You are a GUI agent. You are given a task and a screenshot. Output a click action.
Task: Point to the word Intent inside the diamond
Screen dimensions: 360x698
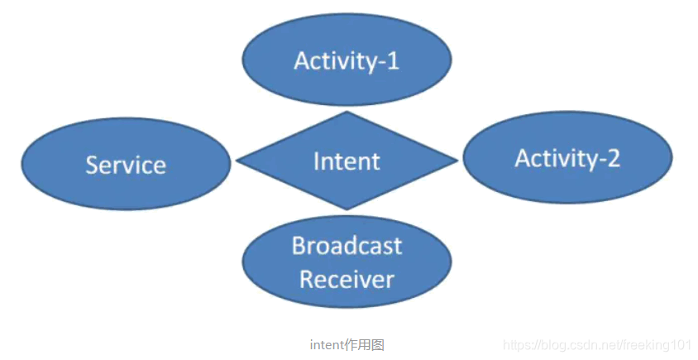(347, 161)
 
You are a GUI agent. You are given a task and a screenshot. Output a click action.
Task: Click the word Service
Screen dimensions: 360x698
(126, 164)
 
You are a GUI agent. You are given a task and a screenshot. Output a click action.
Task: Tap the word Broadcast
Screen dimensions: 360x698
(347, 246)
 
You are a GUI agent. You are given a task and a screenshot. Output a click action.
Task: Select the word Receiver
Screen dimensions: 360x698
(347, 279)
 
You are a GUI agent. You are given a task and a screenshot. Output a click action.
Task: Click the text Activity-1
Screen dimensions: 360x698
(347, 60)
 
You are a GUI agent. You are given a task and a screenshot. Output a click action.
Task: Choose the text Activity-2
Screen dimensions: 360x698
(567, 158)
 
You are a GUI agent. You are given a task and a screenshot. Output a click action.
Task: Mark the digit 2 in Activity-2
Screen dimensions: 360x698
(612, 158)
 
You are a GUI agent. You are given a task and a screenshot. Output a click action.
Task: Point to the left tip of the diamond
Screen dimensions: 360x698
(238, 161)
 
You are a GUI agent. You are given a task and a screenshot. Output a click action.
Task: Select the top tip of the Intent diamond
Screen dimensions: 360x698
(347, 113)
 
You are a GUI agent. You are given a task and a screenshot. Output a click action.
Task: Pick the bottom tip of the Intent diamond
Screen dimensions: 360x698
(347, 209)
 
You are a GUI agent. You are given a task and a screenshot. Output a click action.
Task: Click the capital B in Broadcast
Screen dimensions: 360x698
(299, 246)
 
